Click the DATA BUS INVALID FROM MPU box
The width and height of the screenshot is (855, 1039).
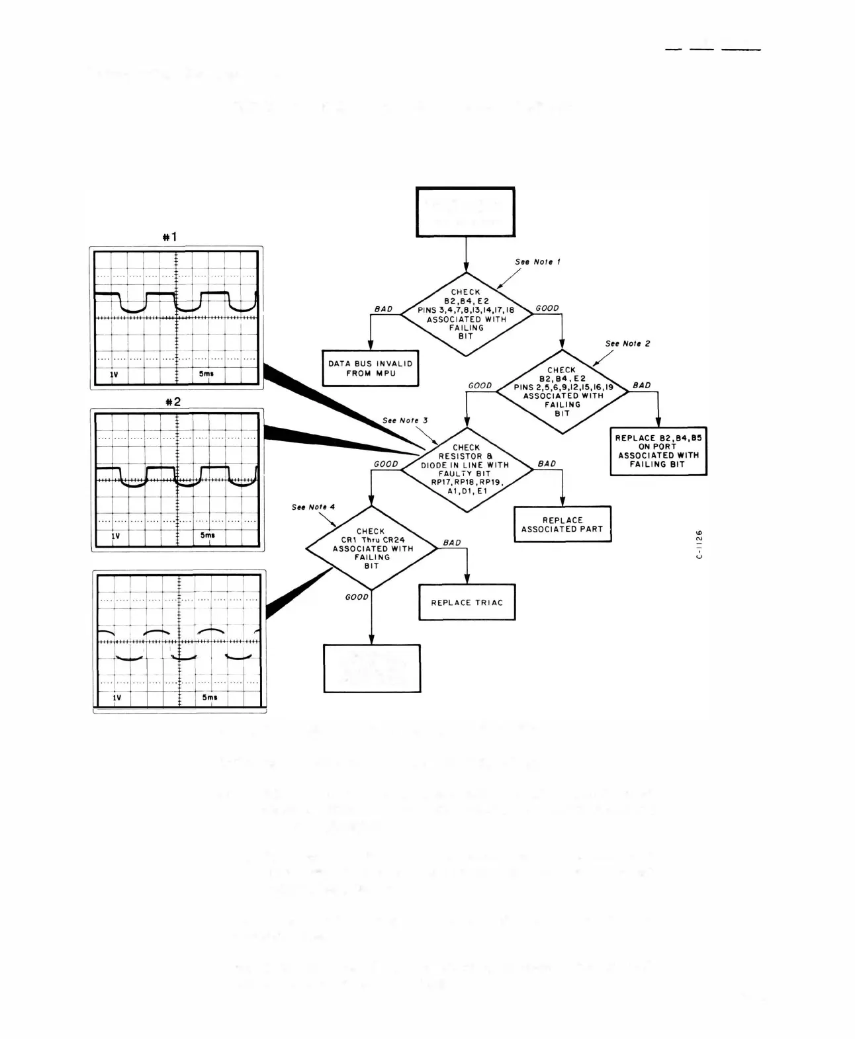[371, 368]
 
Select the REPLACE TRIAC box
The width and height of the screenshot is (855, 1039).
[467, 603]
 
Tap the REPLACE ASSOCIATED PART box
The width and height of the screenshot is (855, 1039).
[562, 524]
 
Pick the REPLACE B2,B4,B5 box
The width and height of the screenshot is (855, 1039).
[658, 451]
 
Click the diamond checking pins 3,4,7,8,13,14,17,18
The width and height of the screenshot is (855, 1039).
[467, 314]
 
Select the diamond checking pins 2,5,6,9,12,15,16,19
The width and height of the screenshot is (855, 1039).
[562, 392]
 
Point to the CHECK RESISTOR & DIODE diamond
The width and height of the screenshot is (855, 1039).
[467, 470]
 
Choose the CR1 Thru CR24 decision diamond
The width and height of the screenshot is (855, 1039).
[371, 548]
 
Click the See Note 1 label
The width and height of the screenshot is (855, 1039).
[537, 262]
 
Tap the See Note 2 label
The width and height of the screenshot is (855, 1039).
[627, 344]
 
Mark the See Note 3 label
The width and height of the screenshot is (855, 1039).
[405, 421]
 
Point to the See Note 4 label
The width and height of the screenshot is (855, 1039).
[313, 507]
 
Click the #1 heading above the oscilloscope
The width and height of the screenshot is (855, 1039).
[170, 237]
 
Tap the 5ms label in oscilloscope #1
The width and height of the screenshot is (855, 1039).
[206, 374]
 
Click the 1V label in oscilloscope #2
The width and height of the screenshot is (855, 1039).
[116, 536]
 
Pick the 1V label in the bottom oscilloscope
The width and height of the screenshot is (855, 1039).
[117, 698]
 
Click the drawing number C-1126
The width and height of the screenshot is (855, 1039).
[699, 544]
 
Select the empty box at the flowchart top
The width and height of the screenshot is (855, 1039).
[465, 212]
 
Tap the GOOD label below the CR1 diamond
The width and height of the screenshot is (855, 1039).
[357, 597]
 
